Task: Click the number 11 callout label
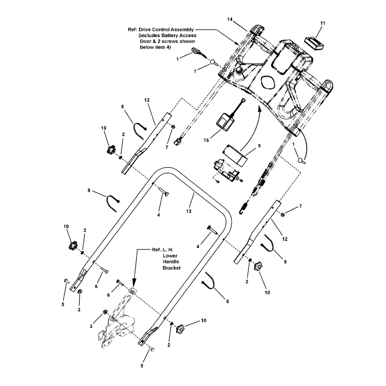(x=323, y=23)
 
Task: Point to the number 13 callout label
(x=189, y=211)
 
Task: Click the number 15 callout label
(x=207, y=140)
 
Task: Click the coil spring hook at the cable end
(x=244, y=207)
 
